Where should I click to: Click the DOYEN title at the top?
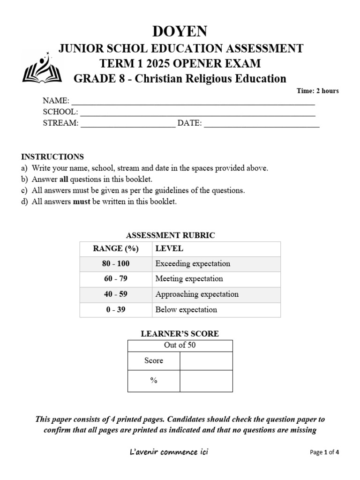coord(180,31)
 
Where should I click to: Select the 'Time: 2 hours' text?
coord(317,91)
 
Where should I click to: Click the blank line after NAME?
coord(193,102)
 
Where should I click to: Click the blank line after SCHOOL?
coord(197,113)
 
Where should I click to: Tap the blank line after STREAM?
coord(128,124)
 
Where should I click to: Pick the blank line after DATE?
coord(262,124)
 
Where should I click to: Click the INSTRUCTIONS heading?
coord(52,157)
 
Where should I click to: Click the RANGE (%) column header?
coord(115,249)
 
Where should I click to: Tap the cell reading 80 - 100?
coord(115,263)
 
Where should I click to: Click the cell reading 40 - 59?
coord(115,294)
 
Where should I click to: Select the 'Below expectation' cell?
coord(186,309)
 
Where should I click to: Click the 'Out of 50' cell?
coord(180,345)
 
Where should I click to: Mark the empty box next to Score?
coord(206,360)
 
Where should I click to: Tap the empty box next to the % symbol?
coord(206,381)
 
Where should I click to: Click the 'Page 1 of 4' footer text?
coord(324,452)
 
